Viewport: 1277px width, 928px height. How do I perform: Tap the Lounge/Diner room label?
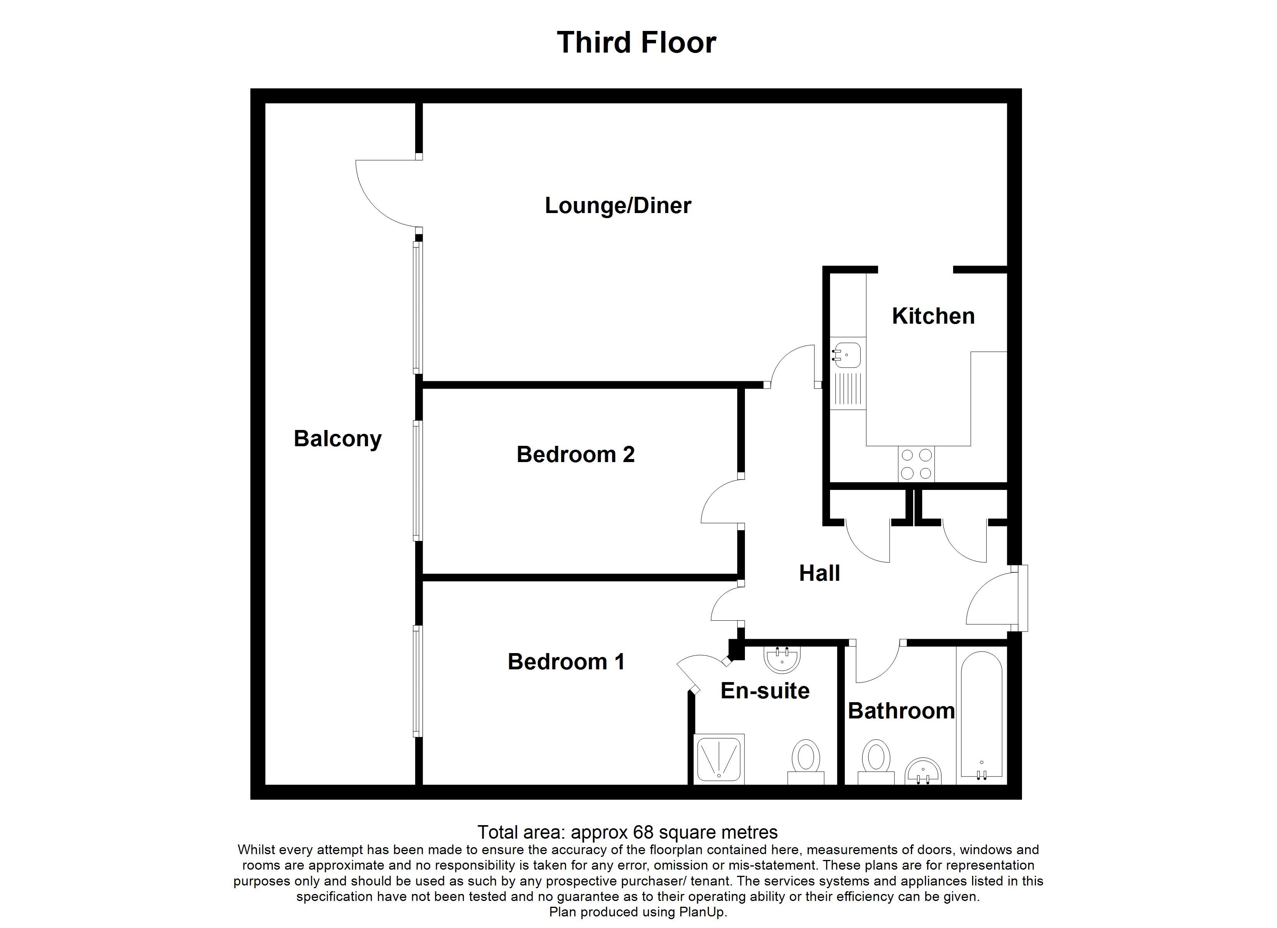point(618,205)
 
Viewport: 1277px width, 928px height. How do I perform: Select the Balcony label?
point(337,438)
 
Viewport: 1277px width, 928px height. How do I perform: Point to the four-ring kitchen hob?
point(916,464)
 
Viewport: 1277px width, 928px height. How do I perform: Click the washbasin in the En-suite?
point(782,660)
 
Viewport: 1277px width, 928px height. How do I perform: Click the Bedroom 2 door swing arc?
point(721,501)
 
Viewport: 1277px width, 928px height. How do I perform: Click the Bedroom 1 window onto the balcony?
point(417,681)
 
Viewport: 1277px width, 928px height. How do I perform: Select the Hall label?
point(819,573)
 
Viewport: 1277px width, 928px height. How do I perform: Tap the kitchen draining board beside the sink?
point(847,389)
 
